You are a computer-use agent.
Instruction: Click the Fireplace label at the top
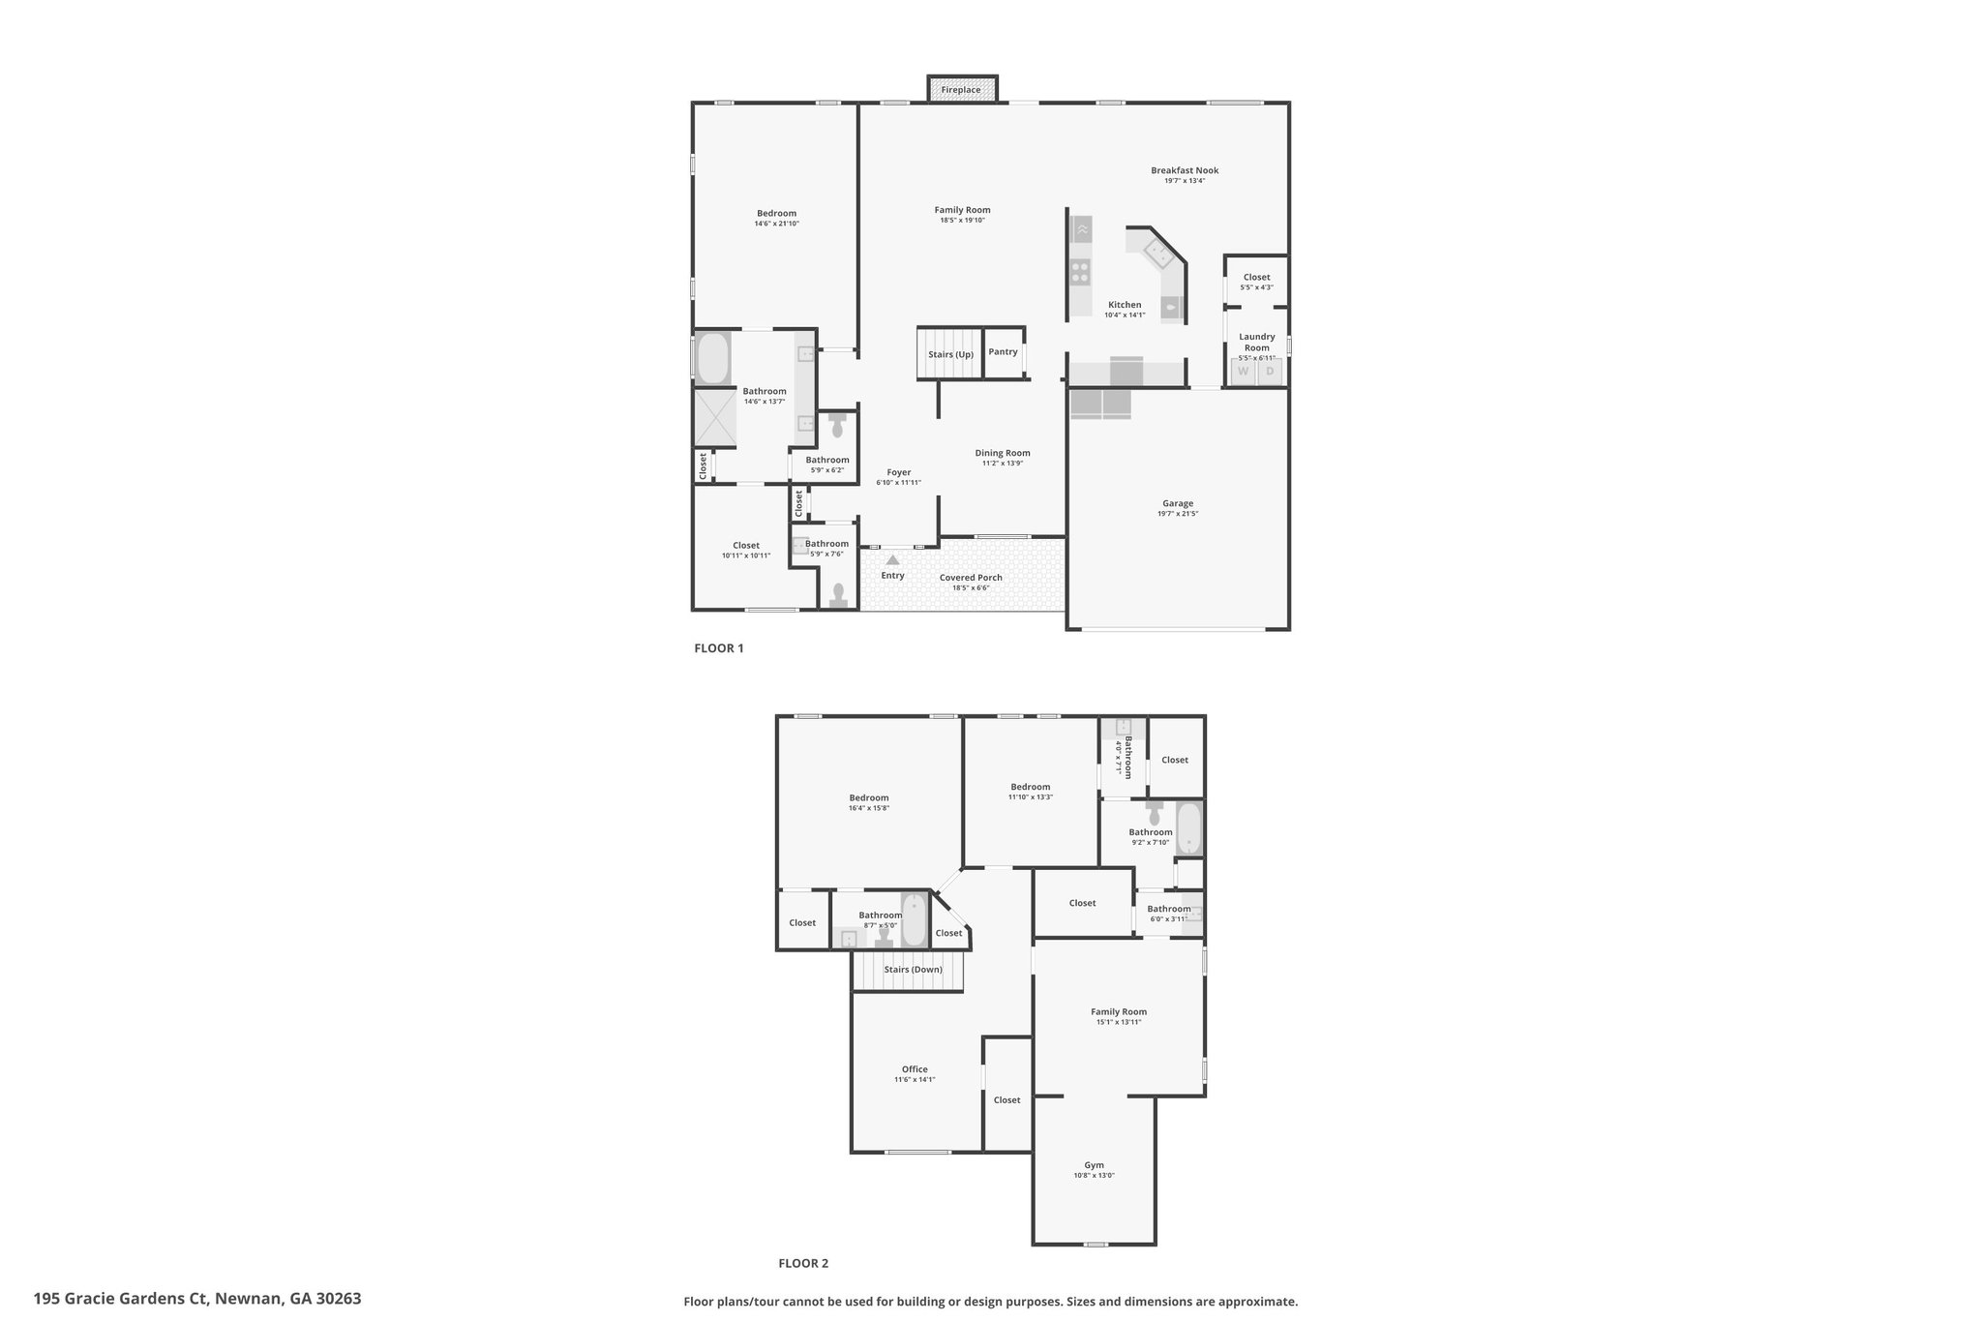(961, 90)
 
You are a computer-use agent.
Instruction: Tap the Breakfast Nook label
(1185, 170)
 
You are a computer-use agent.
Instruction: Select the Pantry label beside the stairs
(1003, 351)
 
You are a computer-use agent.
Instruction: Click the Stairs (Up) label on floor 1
(950, 354)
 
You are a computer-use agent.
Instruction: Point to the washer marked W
(1243, 371)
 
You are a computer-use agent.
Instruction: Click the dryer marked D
(1270, 371)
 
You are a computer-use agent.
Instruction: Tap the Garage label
(1178, 503)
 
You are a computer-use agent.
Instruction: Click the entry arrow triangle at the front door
(892, 559)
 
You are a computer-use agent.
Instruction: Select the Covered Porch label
(971, 578)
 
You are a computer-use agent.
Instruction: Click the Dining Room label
(1003, 453)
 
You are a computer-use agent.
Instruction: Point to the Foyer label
(898, 472)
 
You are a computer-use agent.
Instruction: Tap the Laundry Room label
(1257, 343)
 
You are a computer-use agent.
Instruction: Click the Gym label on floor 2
(1094, 1165)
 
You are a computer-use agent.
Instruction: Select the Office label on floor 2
(915, 1069)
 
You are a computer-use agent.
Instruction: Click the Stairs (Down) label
(913, 970)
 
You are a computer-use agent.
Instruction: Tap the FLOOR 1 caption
(719, 648)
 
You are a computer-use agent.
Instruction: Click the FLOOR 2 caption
(803, 1263)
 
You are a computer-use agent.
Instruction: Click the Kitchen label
(1125, 305)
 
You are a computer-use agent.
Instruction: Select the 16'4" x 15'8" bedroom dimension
(869, 808)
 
